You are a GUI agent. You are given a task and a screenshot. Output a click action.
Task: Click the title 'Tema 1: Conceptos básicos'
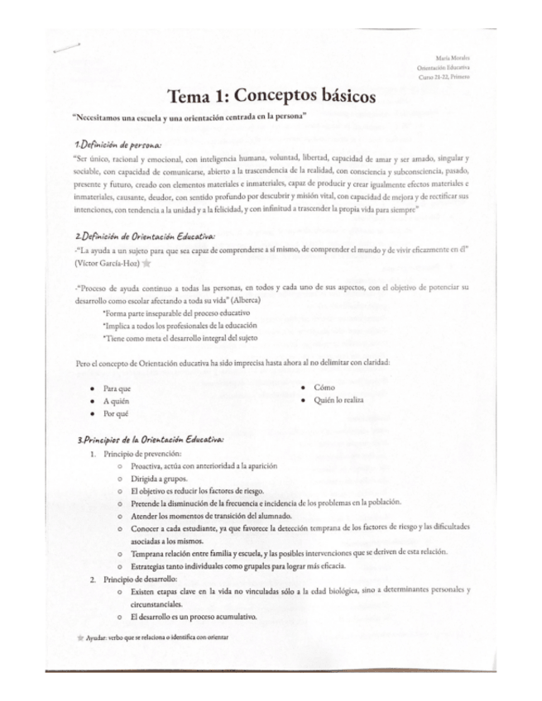click(271, 97)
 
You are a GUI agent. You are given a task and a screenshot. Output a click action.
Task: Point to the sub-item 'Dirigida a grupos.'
click(159, 479)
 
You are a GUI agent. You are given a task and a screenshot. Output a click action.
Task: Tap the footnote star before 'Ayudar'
click(79, 638)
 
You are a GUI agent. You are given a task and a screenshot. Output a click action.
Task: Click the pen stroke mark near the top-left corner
click(65, 49)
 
